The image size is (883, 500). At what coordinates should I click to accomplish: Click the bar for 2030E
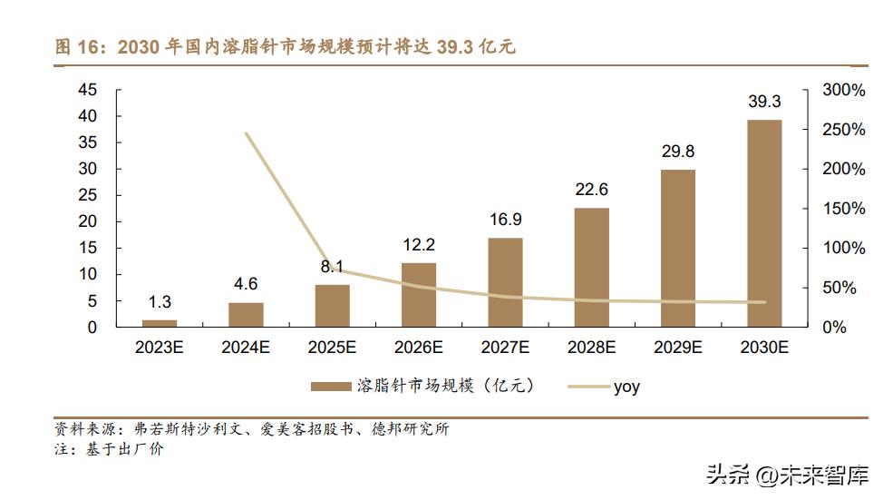click(764, 223)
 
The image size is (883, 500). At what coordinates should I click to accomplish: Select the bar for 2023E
click(160, 322)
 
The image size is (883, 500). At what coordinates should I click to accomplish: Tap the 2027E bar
click(505, 282)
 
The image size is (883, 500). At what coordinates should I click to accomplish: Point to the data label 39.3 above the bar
click(764, 102)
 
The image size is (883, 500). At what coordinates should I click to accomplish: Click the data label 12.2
click(419, 245)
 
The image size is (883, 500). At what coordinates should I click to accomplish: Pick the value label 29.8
click(678, 152)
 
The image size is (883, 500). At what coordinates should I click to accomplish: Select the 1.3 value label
click(160, 302)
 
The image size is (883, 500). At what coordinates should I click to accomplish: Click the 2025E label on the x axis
click(332, 347)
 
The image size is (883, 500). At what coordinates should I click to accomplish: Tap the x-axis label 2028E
click(591, 347)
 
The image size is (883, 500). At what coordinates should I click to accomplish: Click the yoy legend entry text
click(626, 387)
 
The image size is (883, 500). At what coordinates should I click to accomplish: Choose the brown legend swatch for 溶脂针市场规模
click(330, 387)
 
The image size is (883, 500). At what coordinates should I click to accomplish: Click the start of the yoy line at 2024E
click(247, 133)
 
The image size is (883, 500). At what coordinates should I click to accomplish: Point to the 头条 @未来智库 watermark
click(786, 475)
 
